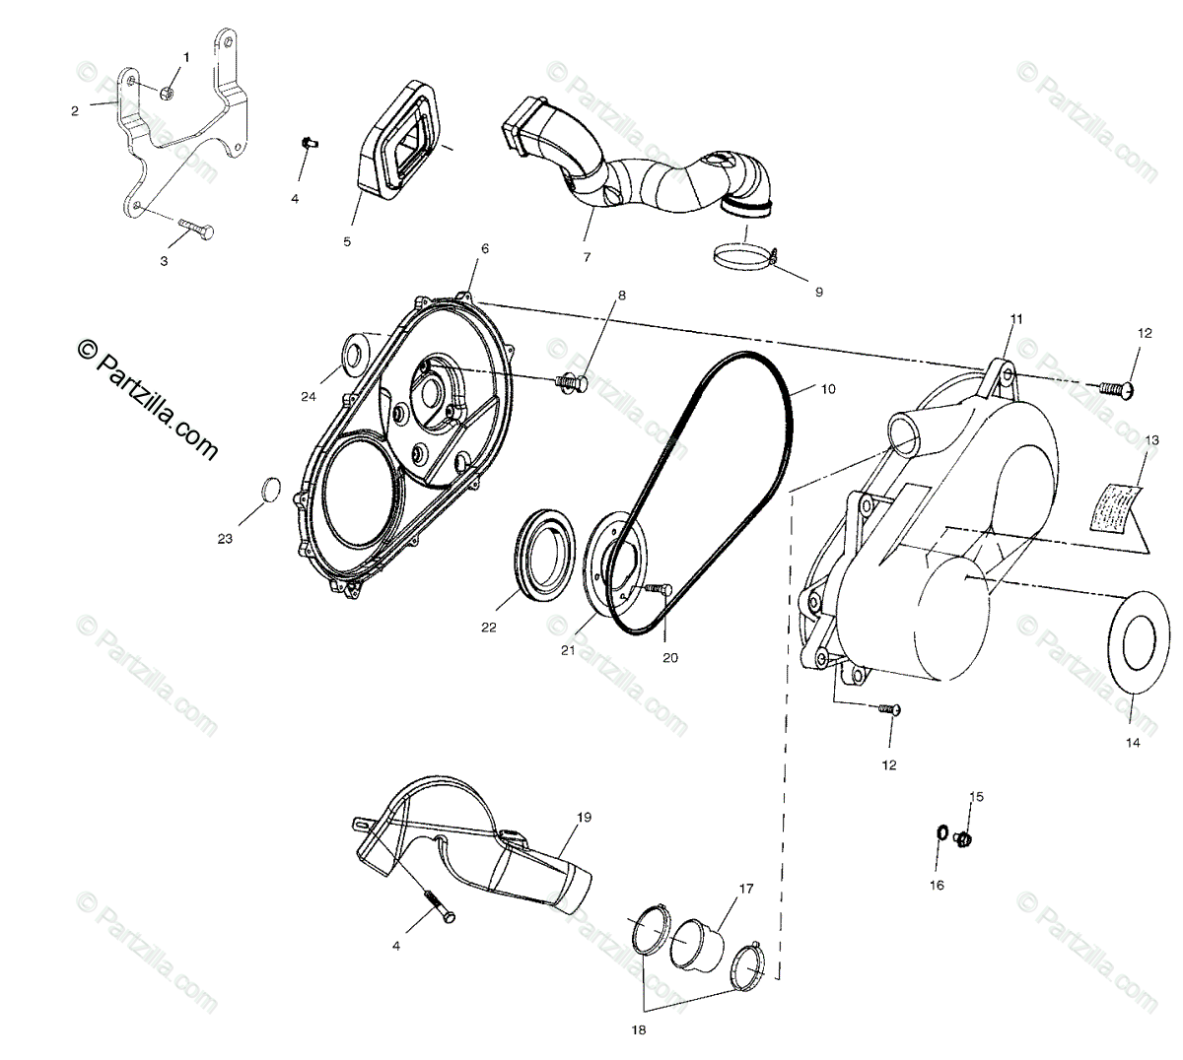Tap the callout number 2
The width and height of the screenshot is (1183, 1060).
click(x=75, y=111)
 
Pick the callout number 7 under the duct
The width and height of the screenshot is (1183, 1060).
click(x=587, y=258)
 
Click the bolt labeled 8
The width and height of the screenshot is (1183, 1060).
click(x=572, y=380)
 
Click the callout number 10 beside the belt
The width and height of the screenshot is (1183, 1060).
click(x=827, y=389)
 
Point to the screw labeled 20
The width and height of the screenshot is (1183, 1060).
click(x=659, y=589)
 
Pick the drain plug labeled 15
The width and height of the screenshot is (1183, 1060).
click(x=965, y=838)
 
